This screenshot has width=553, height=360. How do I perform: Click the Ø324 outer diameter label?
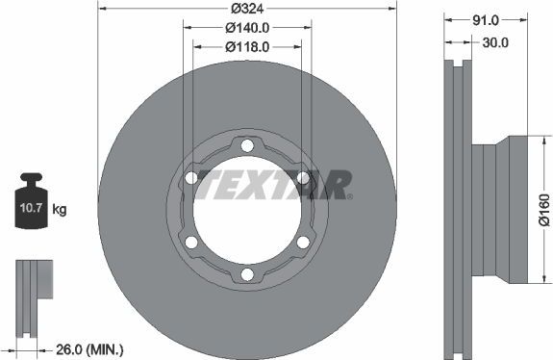point(247,10)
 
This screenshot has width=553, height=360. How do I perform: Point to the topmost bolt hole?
point(247,145)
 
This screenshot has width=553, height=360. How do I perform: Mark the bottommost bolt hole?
point(247,276)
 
